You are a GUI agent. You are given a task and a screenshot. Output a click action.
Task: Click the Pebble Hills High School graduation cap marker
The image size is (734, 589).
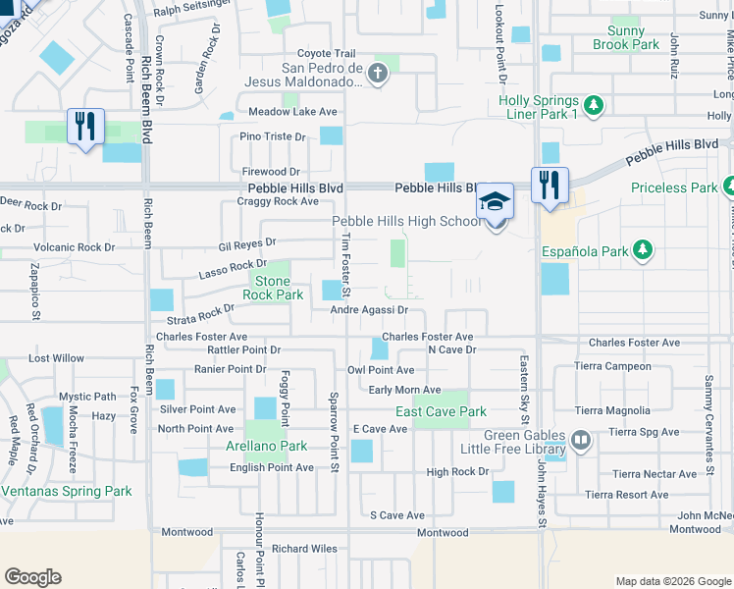tap(496, 202)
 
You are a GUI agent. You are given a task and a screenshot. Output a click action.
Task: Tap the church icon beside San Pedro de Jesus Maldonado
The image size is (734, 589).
tap(379, 73)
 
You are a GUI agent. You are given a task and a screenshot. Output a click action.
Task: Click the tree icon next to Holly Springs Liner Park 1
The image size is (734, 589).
tap(593, 105)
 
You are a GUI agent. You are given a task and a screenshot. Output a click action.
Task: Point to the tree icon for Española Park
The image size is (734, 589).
tap(642, 250)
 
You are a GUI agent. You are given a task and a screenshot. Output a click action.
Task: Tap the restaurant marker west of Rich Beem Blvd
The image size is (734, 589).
tap(85, 126)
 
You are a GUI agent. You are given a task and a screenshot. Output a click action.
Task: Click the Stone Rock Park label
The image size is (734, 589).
tap(273, 288)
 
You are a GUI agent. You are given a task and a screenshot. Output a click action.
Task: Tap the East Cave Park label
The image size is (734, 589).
tap(441, 411)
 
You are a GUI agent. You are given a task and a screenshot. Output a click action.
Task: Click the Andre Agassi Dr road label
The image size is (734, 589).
tap(368, 310)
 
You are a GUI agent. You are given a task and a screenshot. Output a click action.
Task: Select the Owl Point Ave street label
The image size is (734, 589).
tap(381, 370)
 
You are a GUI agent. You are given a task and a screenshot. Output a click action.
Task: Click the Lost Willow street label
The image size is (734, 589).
tap(56, 358)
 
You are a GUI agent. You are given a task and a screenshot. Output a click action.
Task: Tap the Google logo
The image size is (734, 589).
tap(32, 577)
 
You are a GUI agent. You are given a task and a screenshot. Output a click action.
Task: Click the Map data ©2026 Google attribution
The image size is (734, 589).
tap(672, 581)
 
